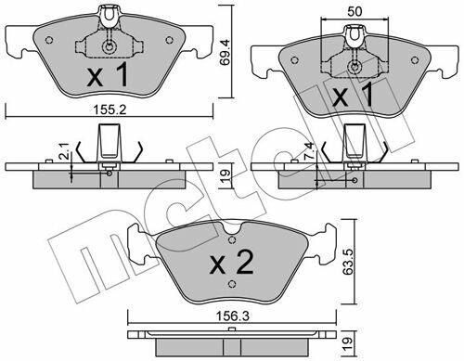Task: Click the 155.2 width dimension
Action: pyautogui.click(x=110, y=110)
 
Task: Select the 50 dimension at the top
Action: pyautogui.click(x=354, y=11)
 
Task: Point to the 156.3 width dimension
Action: pyautogui.click(x=232, y=316)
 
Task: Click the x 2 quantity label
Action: pyautogui.click(x=232, y=264)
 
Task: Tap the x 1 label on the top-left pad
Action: pyautogui.click(x=108, y=74)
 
